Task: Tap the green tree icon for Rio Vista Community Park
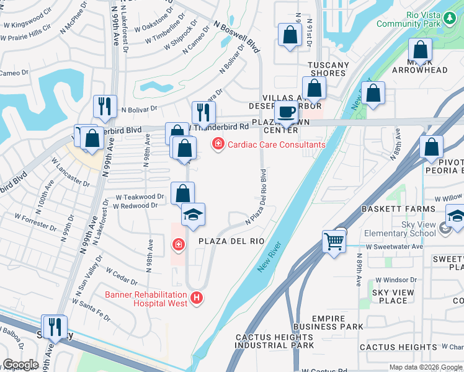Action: coord(449,19)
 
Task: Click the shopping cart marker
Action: coord(334,241)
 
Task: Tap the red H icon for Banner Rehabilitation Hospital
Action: coord(197,298)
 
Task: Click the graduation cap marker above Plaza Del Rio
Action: coord(193,215)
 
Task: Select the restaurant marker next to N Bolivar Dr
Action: coord(105,106)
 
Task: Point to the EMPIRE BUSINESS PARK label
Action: coord(337,322)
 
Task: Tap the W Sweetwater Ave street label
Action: coord(394,247)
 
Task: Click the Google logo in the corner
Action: coord(20,365)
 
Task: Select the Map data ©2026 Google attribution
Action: coord(425,367)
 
